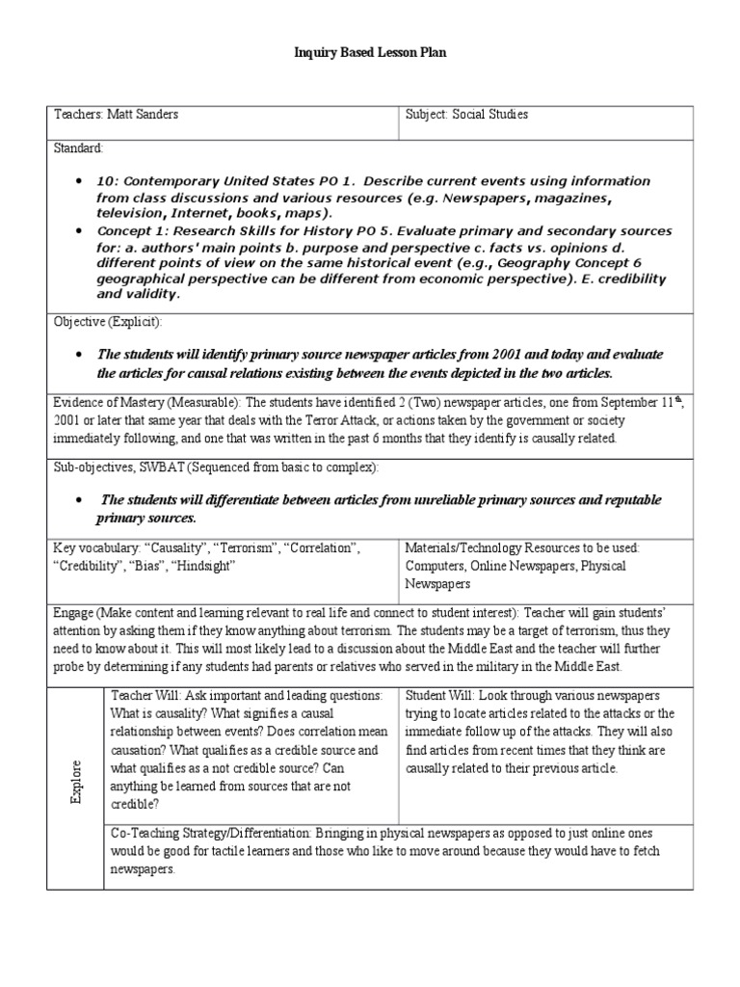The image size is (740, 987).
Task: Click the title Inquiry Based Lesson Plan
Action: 370,54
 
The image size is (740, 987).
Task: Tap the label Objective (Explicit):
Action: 107,321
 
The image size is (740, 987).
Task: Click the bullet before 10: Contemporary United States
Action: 77,182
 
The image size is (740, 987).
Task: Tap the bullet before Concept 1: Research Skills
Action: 77,232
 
